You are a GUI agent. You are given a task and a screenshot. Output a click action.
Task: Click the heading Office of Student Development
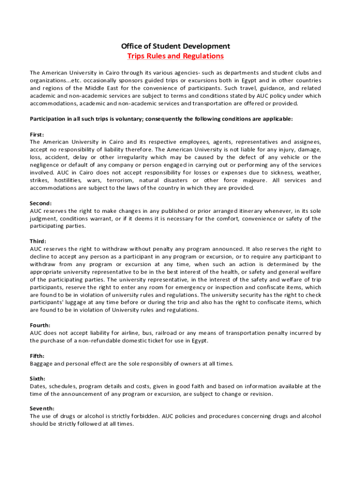tap(175, 46)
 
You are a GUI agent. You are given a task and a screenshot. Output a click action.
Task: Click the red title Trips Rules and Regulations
tap(175, 56)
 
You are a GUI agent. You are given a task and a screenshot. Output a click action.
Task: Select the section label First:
tap(37, 134)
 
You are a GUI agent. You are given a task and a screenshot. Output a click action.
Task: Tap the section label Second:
tap(41, 203)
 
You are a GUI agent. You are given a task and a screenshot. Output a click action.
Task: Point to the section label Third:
tap(38, 241)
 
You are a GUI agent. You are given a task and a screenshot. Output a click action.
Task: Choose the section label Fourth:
tap(40, 325)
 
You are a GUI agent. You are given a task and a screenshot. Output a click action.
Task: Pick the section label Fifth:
tap(37, 356)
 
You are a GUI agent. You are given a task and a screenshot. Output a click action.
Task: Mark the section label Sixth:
tap(38, 378)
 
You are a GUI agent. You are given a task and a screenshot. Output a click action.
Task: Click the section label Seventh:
tap(42, 408)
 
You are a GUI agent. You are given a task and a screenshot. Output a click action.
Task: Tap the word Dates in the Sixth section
tap(38, 386)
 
